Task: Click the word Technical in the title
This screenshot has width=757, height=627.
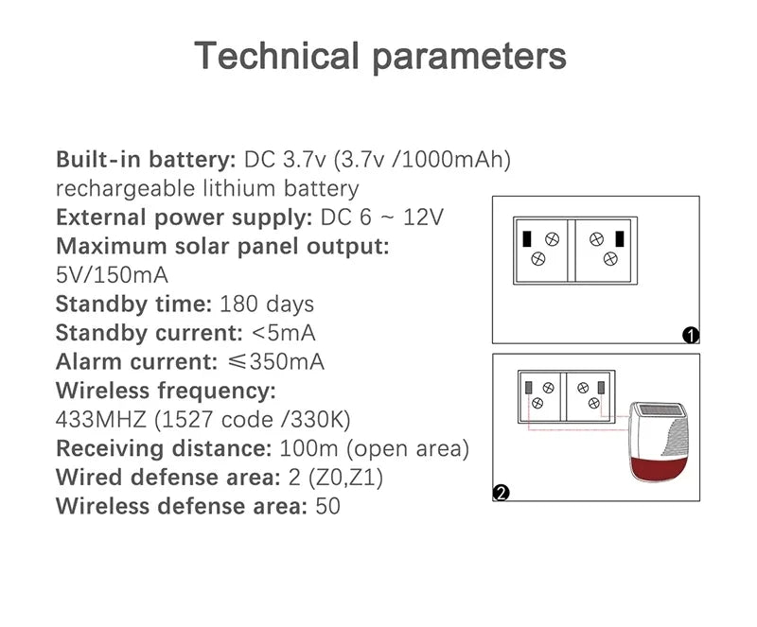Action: coord(276,55)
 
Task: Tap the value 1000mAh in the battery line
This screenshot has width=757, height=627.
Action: coord(451,159)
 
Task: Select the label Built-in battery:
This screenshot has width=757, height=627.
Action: coord(146,159)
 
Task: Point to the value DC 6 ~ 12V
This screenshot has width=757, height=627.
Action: coord(381,218)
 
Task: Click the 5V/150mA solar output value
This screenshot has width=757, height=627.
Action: coord(112,275)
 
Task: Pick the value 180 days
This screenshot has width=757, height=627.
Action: coord(267,305)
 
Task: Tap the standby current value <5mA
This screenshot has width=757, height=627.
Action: coord(283,333)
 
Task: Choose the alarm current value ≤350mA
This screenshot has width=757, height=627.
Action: coord(275,362)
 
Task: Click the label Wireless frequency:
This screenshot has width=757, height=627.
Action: coord(166,391)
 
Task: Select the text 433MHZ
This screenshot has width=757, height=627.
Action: coord(101,420)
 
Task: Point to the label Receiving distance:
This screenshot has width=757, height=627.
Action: coord(164,448)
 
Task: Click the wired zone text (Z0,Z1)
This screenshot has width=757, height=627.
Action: coord(345,478)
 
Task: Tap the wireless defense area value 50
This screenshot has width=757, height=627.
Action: coord(327,506)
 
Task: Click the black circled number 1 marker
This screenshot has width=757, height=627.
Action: coord(691,335)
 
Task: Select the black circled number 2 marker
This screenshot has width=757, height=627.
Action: coord(501,493)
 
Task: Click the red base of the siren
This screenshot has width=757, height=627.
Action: coord(659,468)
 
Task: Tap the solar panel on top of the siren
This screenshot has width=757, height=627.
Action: coord(660,410)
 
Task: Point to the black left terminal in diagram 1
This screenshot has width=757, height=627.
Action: coord(527,239)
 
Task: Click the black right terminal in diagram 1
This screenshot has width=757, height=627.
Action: coord(620,239)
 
